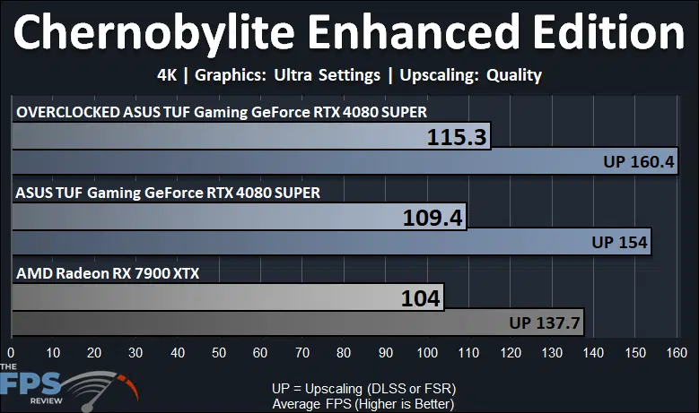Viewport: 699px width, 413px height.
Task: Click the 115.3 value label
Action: [457, 137]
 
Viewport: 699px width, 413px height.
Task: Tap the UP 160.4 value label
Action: [638, 161]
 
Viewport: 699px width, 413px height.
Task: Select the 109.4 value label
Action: [433, 218]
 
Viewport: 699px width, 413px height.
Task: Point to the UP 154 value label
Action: [619, 242]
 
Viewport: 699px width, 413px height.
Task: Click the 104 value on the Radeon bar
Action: [420, 298]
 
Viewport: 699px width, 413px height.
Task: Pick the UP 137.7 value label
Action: [545, 323]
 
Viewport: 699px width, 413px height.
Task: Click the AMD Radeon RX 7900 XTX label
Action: [108, 273]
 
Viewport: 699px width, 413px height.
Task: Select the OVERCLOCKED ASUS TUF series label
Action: [222, 112]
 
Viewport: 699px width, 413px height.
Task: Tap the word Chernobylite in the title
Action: [153, 33]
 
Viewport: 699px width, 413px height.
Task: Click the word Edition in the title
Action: [608, 32]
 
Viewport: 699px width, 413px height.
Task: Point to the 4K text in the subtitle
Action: [167, 74]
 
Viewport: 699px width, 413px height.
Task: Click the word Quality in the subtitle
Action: [514, 75]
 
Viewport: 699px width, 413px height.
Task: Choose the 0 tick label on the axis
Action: [11, 353]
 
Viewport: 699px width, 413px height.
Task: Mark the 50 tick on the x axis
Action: [219, 353]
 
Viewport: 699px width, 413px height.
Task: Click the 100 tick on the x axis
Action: [427, 353]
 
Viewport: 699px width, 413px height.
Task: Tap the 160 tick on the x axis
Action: [677, 353]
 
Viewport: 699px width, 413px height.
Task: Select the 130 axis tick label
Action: [552, 353]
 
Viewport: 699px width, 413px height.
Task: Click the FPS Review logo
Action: [69, 388]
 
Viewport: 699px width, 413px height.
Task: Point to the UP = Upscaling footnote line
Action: [363, 389]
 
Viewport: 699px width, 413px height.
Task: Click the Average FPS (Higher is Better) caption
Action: [363, 404]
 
